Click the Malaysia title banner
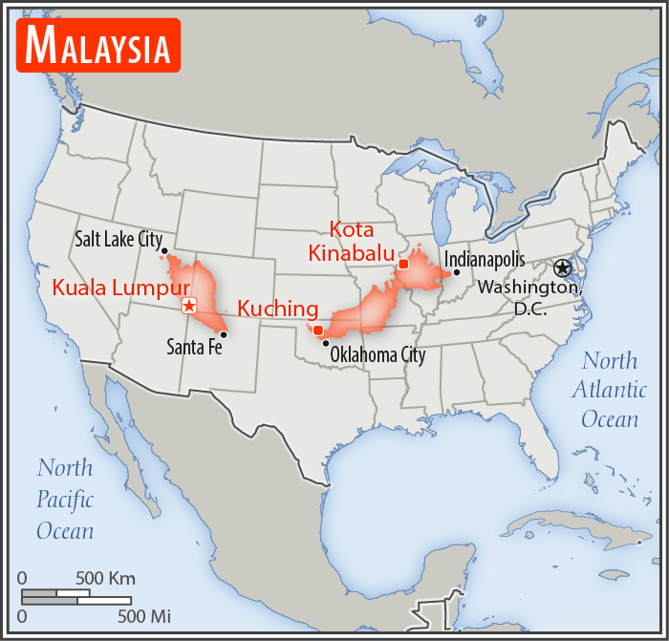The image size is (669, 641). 98,45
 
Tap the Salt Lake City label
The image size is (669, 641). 119,239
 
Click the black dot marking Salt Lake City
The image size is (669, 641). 163,251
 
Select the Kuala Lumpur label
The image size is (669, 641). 121,288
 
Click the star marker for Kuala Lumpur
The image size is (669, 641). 189,306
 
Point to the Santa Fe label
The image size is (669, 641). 194,347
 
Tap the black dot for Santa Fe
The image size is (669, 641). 223,334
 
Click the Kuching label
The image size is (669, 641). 277,309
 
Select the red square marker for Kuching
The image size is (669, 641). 317,331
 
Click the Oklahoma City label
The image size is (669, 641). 378,355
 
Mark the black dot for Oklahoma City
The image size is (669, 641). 326,343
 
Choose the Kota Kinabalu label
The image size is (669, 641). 341,241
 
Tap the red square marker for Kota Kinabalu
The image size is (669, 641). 403,264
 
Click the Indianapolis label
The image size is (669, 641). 485,259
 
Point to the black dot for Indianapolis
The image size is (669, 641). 457,272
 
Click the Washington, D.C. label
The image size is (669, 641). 529,297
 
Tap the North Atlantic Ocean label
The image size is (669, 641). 610,390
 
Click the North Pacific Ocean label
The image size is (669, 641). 65,499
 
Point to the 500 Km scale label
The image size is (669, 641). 105,578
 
